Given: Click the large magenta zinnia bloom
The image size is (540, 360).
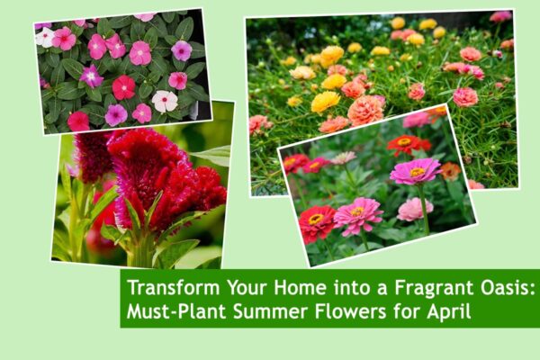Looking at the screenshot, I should click(x=415, y=170).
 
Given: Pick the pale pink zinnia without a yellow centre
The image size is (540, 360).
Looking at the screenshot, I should click(x=415, y=209).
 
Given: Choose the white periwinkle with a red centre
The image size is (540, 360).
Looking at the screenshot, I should click(x=165, y=101).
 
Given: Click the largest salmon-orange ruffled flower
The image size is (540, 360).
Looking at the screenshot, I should click(x=366, y=110).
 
